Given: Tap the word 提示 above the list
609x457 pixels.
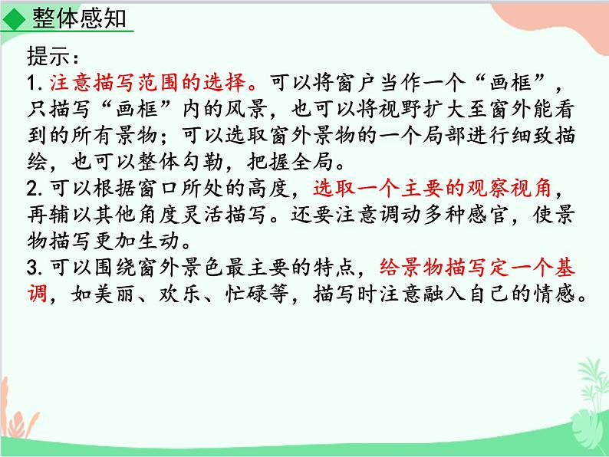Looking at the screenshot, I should [x=48, y=58].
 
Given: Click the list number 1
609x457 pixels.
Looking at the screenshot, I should [x=31, y=83].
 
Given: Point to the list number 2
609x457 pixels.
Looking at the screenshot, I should [x=31, y=188].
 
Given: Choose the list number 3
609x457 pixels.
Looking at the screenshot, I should [x=31, y=268].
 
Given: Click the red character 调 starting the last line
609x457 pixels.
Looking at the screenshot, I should [x=38, y=294].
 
